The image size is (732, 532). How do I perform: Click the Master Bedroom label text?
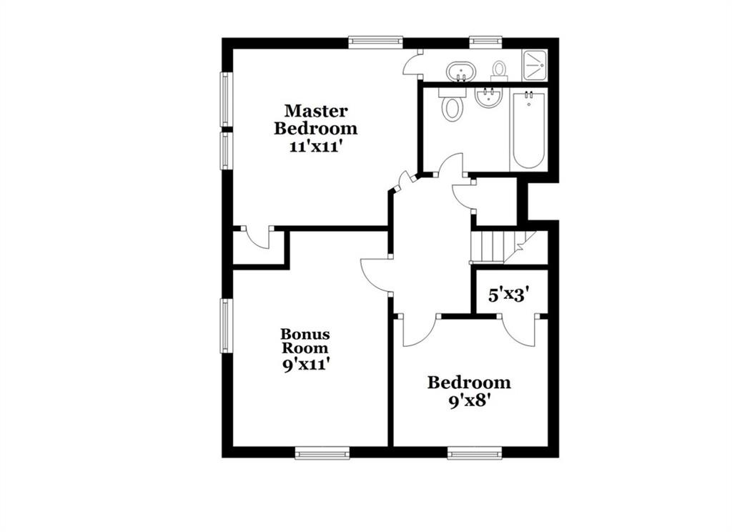315,119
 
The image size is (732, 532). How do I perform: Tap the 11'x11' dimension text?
317,147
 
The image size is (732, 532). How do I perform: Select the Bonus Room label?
305,341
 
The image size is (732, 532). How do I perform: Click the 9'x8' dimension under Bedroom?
468,402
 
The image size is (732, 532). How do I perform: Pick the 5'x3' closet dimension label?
508,295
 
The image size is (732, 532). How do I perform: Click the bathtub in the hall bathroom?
528,130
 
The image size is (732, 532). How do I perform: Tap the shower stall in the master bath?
535,64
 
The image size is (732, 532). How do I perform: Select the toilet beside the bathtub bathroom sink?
452,105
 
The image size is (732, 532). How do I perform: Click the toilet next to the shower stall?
499,72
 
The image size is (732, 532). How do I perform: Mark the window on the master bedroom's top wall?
375,42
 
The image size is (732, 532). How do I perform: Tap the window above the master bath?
485,42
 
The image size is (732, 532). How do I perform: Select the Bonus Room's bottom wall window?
322,453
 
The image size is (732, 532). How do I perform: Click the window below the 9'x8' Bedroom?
475,453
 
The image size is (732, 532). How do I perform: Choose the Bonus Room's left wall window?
227,325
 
